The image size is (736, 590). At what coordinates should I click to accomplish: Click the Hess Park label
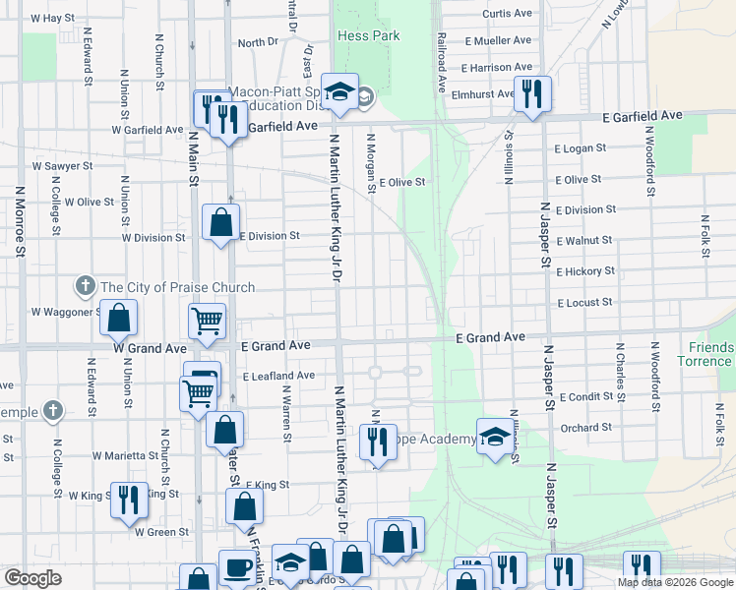pos(368,35)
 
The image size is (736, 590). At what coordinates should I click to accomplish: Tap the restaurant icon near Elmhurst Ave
pos(531,94)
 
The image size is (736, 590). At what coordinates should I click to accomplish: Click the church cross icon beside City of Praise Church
pos(86,287)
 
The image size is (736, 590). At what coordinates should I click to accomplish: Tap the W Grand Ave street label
pos(150,347)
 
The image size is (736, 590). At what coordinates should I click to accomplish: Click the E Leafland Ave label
pos(278,376)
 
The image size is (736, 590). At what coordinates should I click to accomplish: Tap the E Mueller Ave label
pos(498,41)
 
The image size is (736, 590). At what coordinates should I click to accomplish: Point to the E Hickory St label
pos(584,271)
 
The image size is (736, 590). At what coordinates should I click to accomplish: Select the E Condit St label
pos(585,397)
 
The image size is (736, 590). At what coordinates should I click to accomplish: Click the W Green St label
pos(161,532)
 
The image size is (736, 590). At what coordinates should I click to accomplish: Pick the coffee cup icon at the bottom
pos(237,566)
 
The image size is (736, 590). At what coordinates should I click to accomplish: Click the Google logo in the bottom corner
pos(32,578)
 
